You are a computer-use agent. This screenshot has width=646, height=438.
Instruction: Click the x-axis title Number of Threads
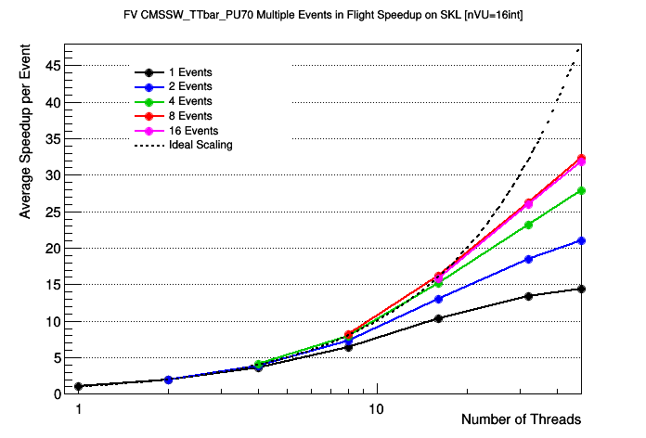coord(521,419)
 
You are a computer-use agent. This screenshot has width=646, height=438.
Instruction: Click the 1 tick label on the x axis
coord(79,408)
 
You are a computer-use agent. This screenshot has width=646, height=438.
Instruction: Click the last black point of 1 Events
coord(581,289)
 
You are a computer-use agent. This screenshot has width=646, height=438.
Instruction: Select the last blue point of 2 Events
coord(581,240)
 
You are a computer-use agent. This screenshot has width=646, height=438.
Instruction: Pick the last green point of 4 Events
coord(581,190)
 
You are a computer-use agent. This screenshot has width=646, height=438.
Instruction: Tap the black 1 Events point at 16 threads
coord(438,318)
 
